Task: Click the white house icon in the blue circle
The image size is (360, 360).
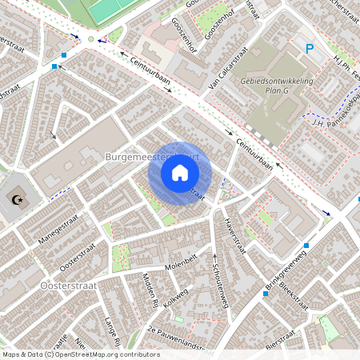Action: [180, 173]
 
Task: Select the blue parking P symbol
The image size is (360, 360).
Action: [310, 50]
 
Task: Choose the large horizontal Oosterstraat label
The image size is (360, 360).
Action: [66, 285]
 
